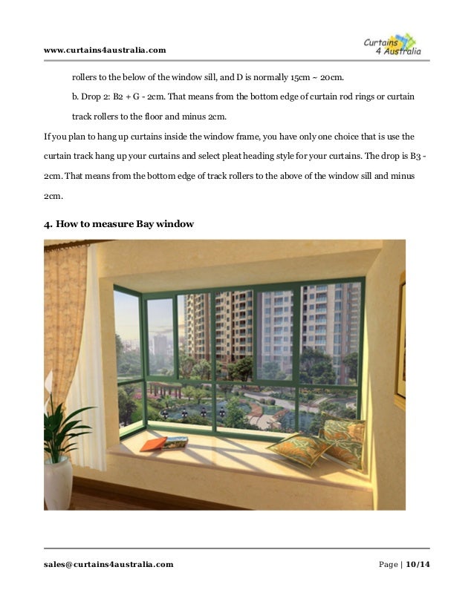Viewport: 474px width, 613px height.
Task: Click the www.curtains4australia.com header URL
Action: [x=105, y=50]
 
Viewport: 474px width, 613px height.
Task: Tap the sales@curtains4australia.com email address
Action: [x=108, y=564]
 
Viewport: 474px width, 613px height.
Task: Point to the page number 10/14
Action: [x=418, y=564]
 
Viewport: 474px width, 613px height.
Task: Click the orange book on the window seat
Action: [x=153, y=444]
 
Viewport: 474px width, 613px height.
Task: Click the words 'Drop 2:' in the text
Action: [x=100, y=98]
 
